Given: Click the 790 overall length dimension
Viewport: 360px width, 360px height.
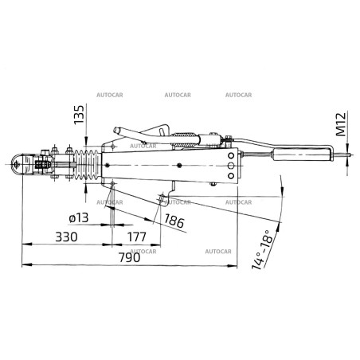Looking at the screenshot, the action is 129,257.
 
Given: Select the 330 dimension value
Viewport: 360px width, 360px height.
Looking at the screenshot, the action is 66,237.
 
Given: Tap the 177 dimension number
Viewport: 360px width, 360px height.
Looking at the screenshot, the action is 137,237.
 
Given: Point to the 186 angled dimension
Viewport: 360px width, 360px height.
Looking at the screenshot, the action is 174,221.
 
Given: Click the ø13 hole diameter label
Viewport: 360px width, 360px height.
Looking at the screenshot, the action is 79,218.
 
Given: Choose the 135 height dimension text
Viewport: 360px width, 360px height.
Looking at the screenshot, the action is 79,115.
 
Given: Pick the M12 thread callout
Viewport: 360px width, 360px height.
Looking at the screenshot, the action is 341,124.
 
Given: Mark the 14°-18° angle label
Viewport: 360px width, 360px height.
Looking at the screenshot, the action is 262,249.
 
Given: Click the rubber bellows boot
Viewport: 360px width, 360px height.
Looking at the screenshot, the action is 87,166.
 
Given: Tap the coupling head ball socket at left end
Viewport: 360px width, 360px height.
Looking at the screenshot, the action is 17,164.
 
